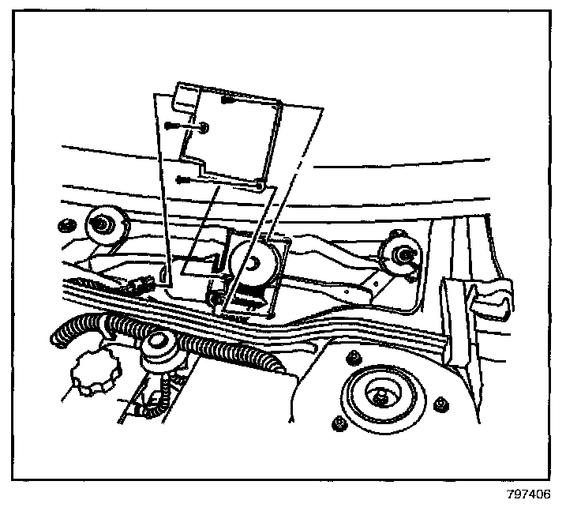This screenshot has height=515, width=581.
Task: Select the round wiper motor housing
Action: coord(254,265)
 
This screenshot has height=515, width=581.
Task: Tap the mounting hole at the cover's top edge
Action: coord(228,100)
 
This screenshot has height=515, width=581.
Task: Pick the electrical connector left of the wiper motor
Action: coord(144,282)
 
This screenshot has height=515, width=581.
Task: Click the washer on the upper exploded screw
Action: coord(204,127)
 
